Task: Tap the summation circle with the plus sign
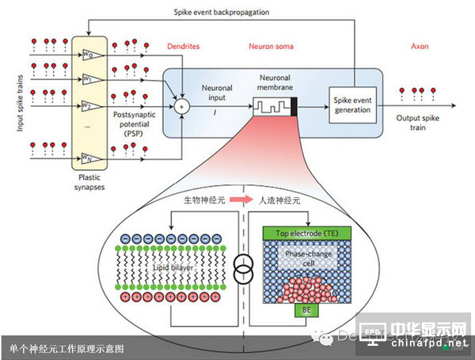tap(184, 103)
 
